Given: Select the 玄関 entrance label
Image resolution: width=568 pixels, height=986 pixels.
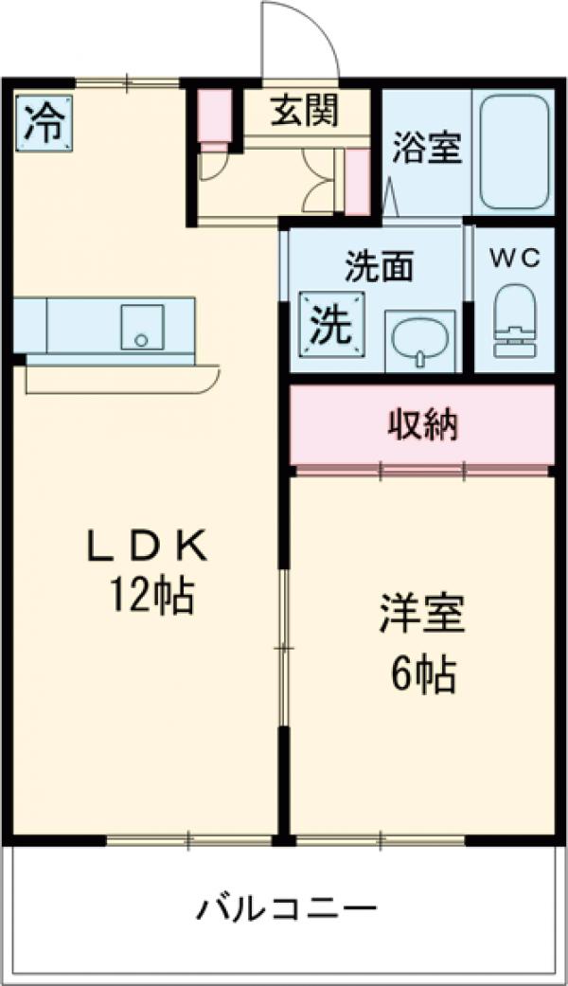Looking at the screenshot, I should [x=305, y=113].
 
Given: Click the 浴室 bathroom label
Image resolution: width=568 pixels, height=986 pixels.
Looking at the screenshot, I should [x=427, y=149].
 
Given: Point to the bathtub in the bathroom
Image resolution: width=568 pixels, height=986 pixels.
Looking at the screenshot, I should [x=514, y=152].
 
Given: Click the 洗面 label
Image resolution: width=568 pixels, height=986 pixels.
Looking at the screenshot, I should [x=379, y=269].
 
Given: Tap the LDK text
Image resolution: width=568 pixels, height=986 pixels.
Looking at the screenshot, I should [x=147, y=547].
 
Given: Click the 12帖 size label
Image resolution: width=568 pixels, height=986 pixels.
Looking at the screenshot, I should [x=151, y=596].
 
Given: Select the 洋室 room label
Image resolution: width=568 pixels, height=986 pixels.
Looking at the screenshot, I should [x=422, y=615].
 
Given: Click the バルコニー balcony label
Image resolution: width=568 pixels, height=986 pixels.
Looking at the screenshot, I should [x=287, y=911].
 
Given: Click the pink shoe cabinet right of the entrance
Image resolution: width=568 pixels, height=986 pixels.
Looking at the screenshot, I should [x=357, y=180].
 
